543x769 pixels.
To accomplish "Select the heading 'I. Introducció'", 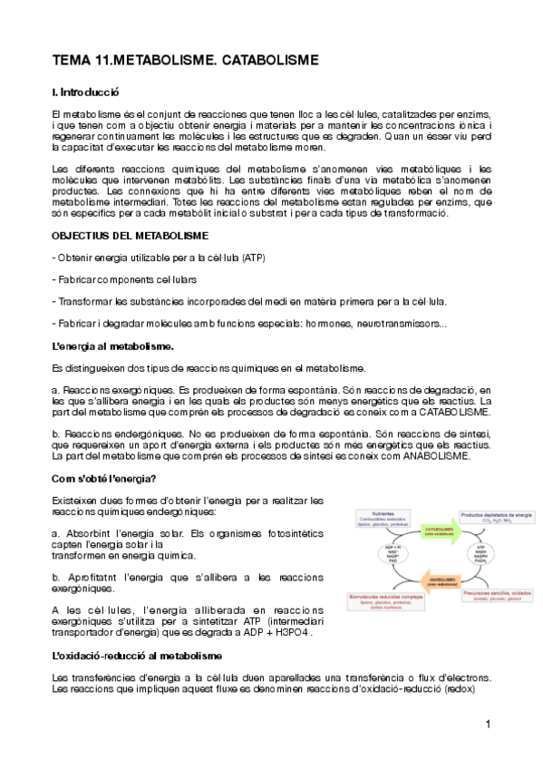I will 86,92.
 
